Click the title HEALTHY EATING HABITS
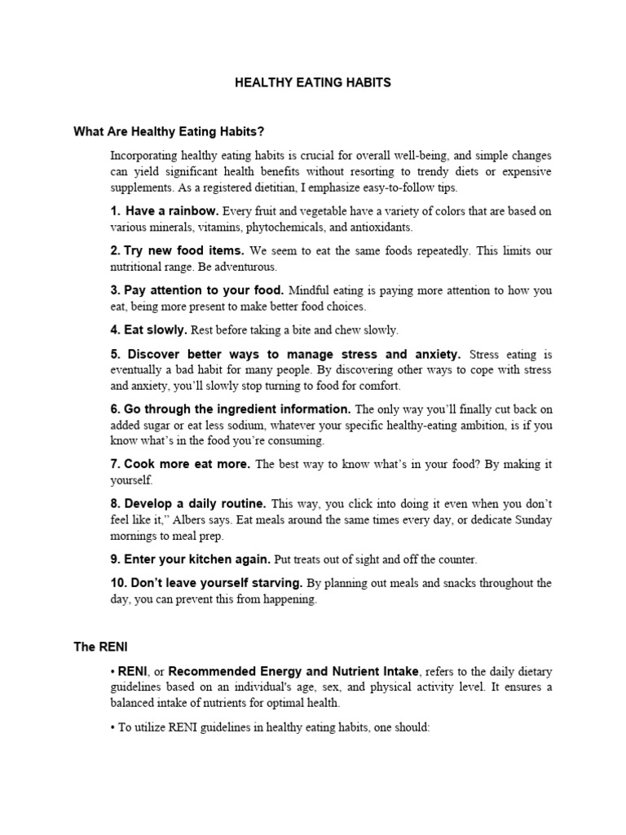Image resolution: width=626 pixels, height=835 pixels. (x=313, y=83)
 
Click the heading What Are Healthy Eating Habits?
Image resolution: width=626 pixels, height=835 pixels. (x=169, y=130)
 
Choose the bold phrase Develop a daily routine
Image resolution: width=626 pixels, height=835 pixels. (x=196, y=504)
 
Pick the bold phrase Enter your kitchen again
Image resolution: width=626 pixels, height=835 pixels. (x=197, y=559)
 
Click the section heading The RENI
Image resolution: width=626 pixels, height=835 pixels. (x=96, y=647)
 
